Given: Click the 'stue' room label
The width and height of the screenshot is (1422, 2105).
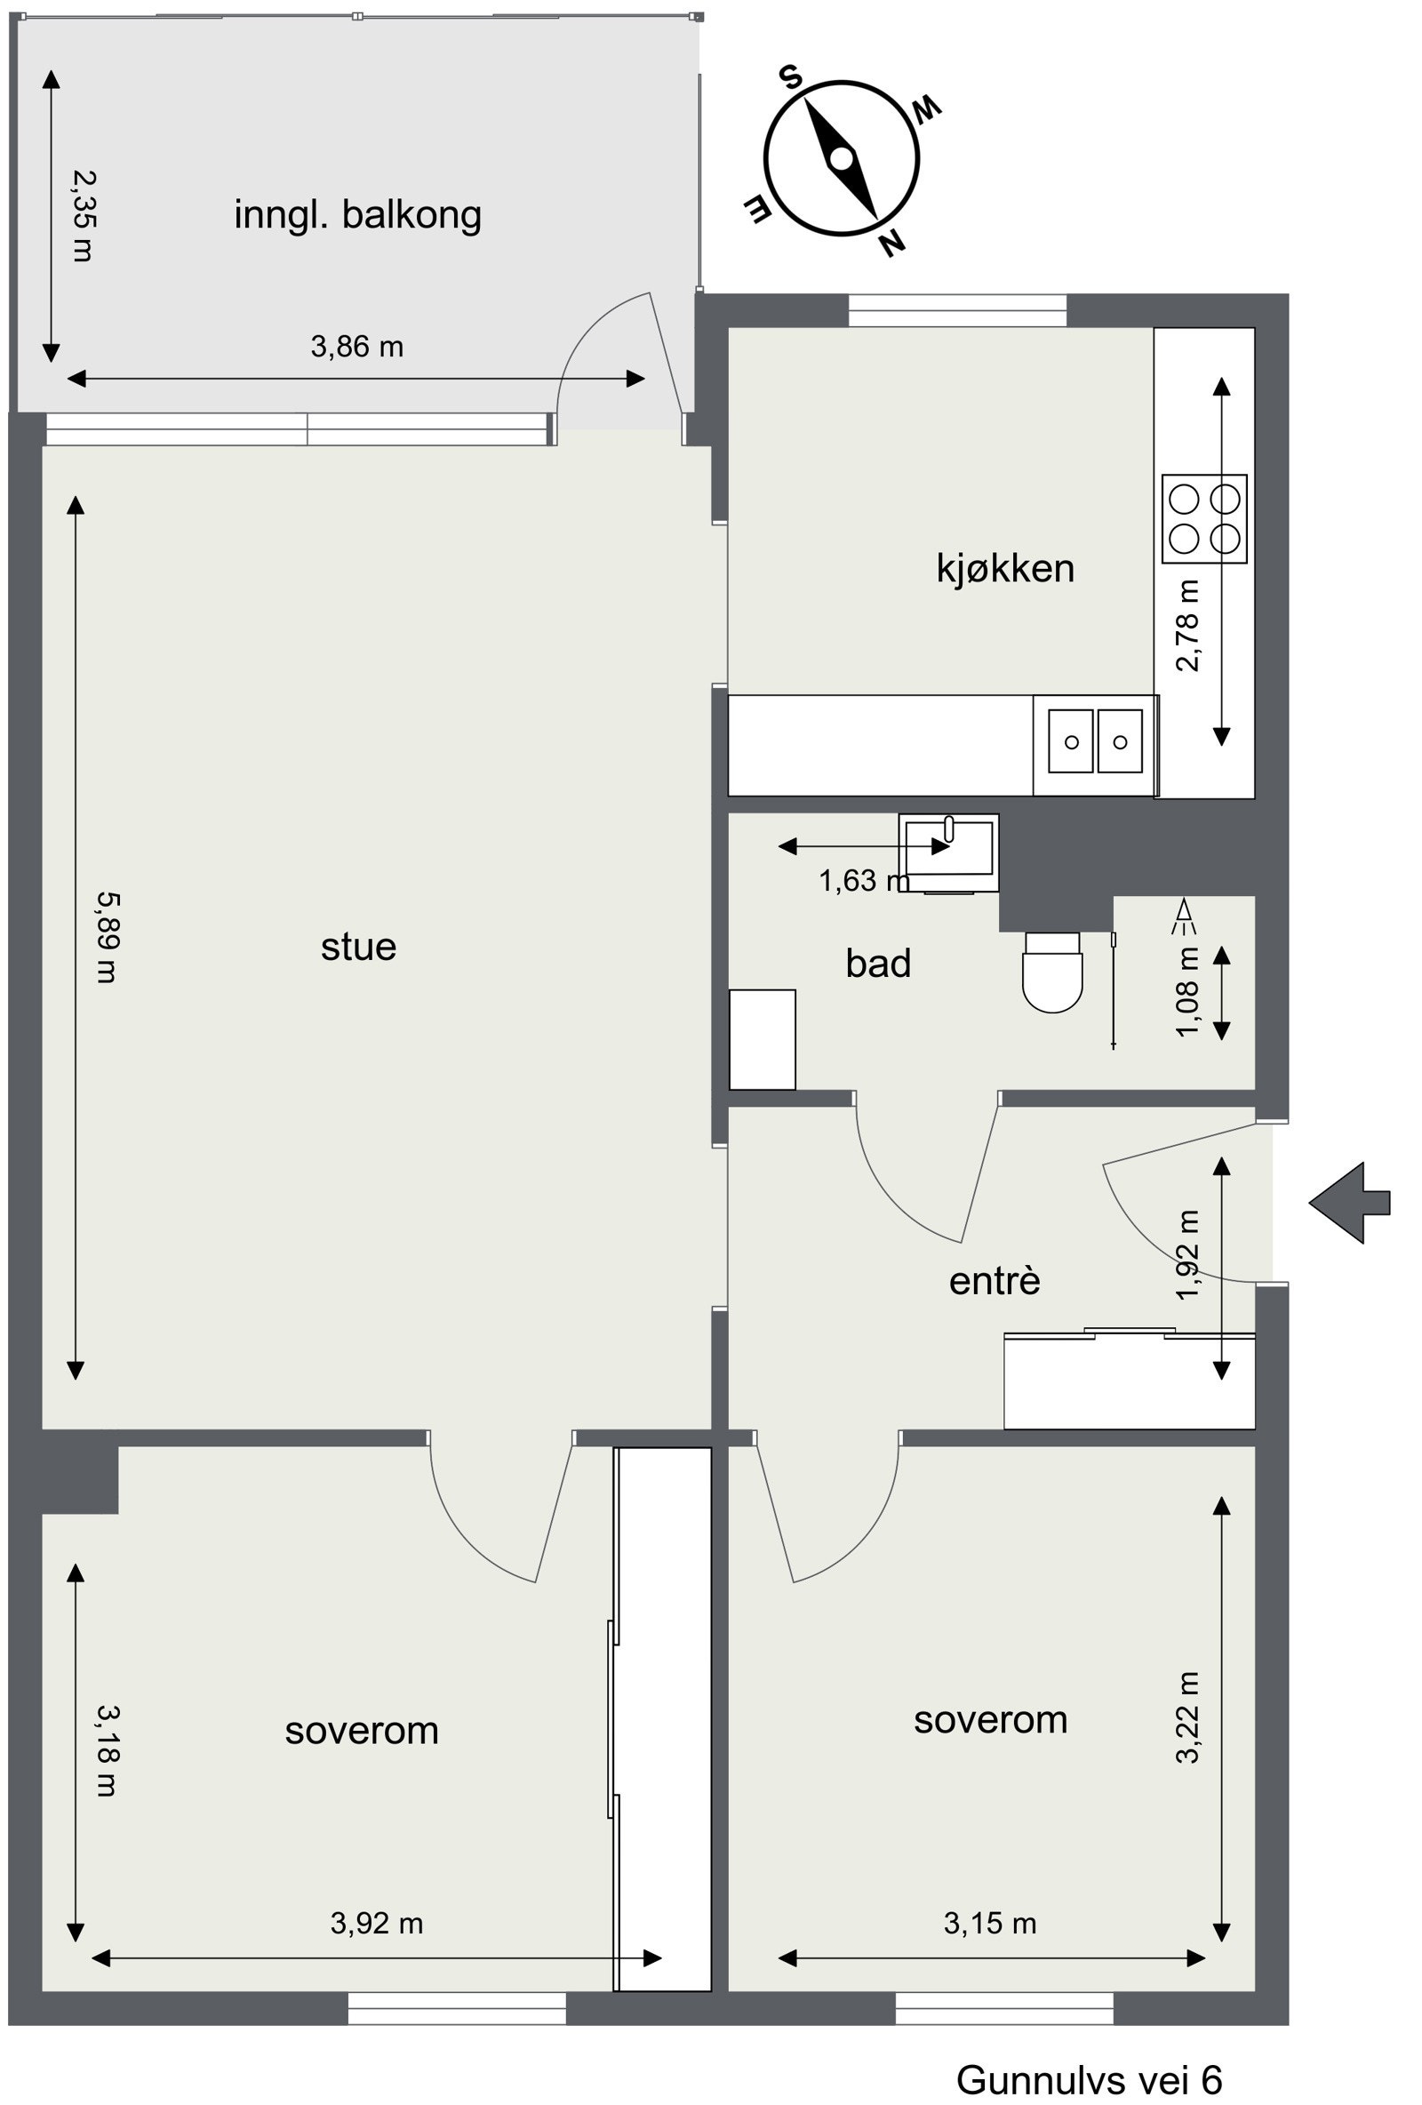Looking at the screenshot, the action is [x=359, y=948].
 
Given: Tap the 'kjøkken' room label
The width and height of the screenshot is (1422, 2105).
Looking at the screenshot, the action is [x=1005, y=569].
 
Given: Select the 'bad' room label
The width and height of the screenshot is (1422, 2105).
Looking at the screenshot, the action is [x=878, y=963].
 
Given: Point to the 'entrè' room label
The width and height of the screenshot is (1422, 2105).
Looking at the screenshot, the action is [x=995, y=1281].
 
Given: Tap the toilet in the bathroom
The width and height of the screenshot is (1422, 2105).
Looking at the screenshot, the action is [x=1052, y=972].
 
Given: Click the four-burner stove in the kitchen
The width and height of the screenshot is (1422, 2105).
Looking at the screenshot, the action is [x=1204, y=519].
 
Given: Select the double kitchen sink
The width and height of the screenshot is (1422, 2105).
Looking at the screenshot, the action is [x=1095, y=740].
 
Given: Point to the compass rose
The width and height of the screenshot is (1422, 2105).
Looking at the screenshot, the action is [x=843, y=159].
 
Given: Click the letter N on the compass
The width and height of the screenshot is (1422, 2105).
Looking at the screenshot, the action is [x=892, y=242].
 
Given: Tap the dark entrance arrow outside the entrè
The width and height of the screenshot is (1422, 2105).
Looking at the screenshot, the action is [x=1348, y=1203].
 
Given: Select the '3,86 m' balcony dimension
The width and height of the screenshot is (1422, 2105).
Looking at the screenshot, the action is [x=357, y=347].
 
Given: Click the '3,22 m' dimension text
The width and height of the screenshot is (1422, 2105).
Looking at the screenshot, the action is [x=1187, y=1718].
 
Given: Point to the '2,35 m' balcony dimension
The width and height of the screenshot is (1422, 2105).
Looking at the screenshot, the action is [x=83, y=217].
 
